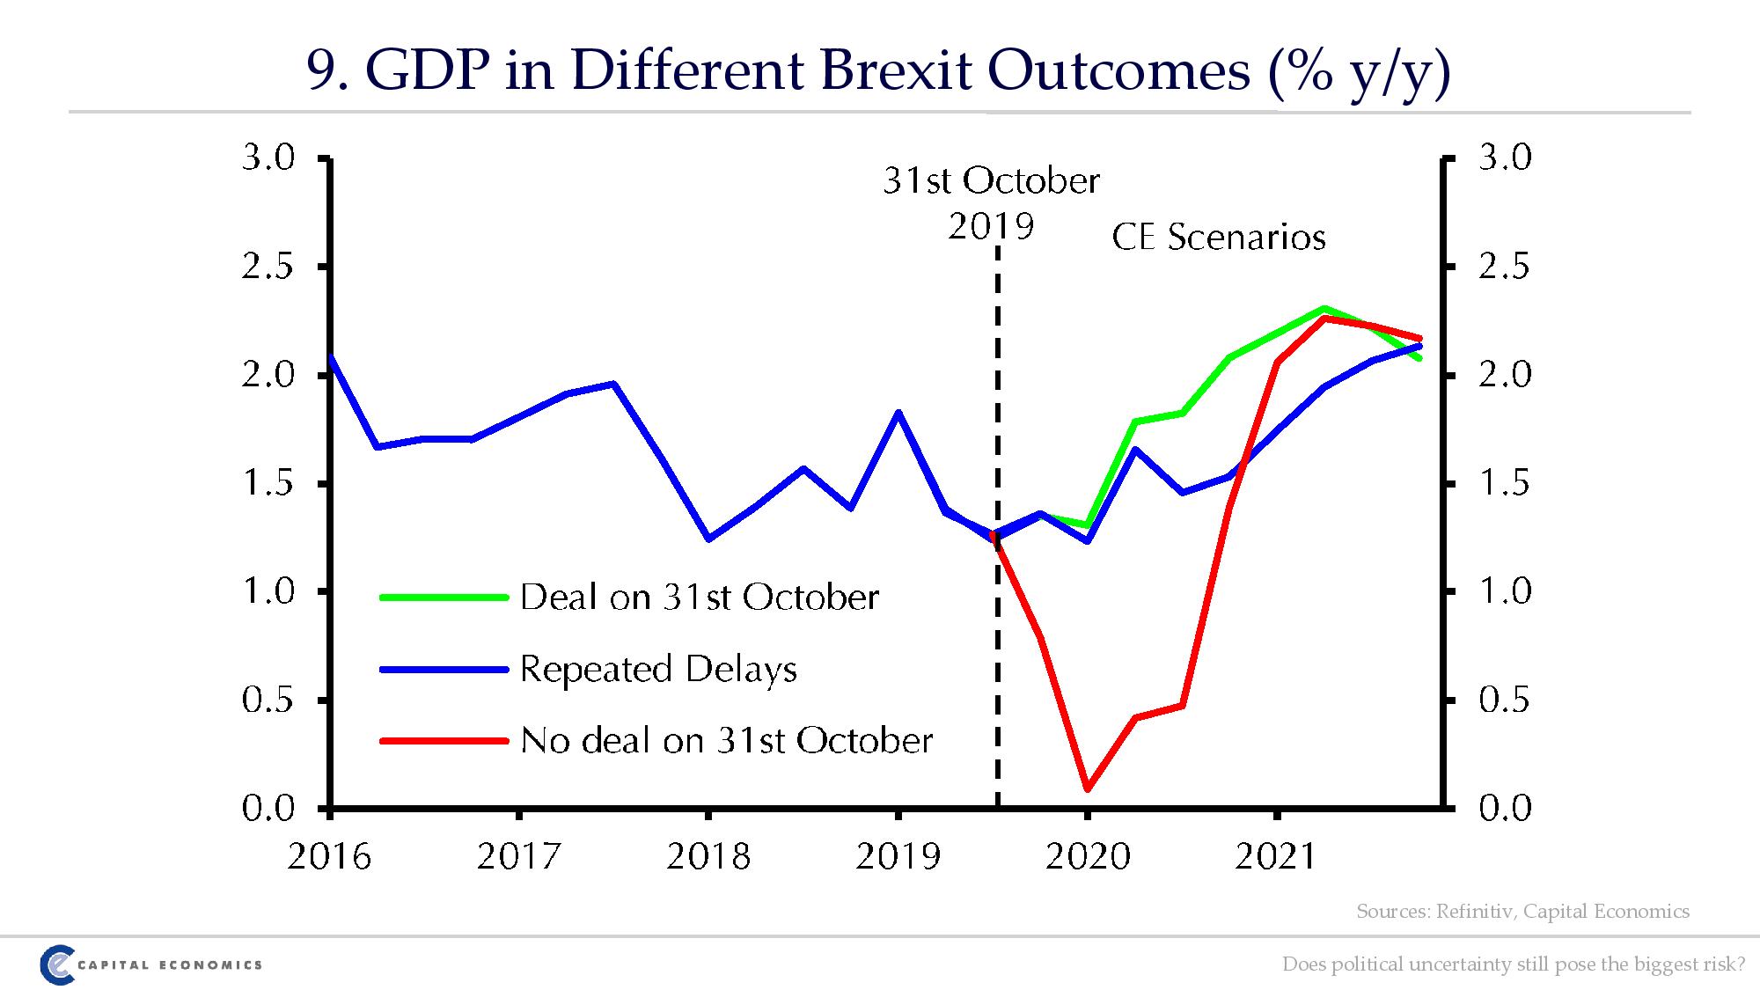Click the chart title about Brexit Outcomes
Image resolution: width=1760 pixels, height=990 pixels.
[878, 70]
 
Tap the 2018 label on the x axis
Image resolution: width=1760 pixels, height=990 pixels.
[708, 855]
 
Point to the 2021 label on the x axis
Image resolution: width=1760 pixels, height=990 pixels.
[1276, 855]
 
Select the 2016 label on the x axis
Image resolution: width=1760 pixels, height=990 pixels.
[329, 855]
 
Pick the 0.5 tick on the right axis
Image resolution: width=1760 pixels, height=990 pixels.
[1505, 700]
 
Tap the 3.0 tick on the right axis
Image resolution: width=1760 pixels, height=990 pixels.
[1505, 158]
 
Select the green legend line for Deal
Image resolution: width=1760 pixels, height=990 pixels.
[444, 598]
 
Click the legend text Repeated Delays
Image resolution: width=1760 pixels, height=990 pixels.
[658, 669]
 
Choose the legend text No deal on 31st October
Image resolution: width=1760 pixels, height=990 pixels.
[726, 740]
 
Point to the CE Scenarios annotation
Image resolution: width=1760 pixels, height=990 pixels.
[1219, 238]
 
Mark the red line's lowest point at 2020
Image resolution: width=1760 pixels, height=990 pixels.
[1088, 788]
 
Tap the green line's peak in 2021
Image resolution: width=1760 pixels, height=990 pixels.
[1324, 308]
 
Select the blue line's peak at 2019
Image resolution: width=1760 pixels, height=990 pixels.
[898, 412]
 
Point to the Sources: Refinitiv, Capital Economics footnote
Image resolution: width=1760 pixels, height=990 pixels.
[1522, 911]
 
